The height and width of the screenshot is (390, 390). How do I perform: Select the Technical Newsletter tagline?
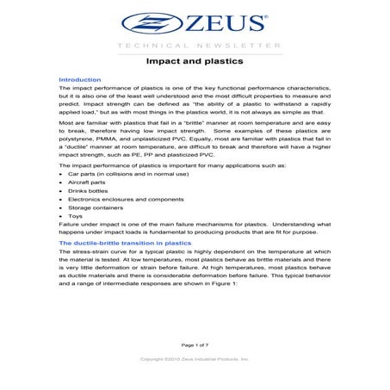pyautogui.click(x=195, y=45)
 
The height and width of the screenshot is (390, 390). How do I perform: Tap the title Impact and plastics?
pyautogui.click(x=195, y=63)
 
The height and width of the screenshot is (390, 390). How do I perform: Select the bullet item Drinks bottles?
pyautogui.click(x=92, y=198)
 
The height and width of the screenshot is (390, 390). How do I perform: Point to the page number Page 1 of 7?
pyautogui.click(x=195, y=344)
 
